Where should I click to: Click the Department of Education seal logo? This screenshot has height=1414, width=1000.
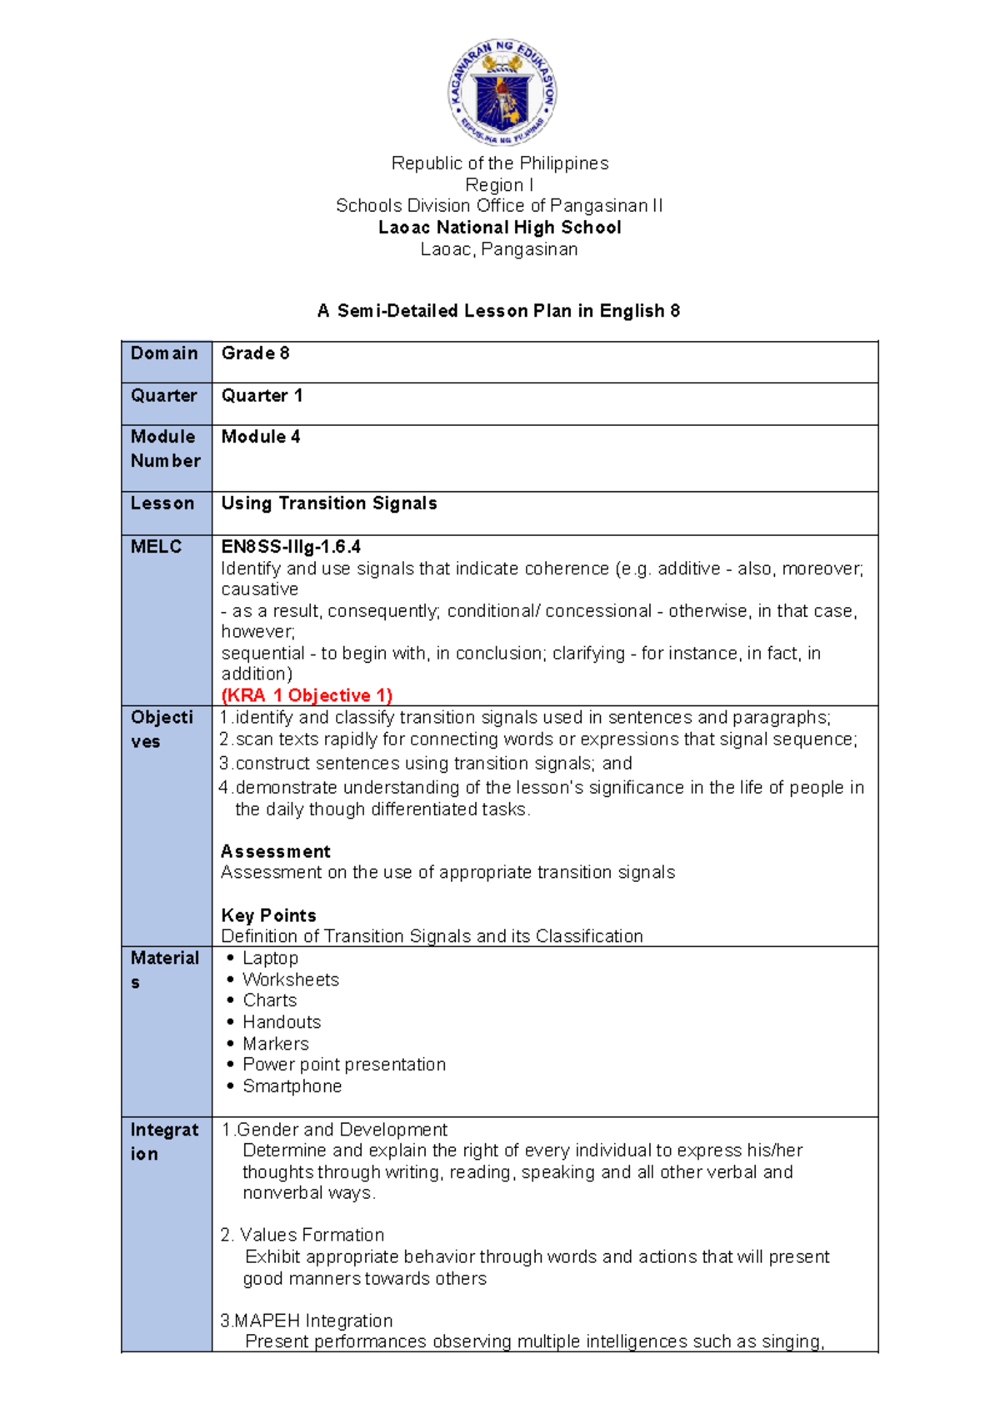tap(502, 93)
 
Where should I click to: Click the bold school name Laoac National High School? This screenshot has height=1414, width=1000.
tap(499, 228)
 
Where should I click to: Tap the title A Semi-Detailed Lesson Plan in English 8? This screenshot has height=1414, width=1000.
tap(498, 311)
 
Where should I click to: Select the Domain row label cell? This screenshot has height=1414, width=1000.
tap(165, 354)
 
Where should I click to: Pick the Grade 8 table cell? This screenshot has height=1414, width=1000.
tap(255, 353)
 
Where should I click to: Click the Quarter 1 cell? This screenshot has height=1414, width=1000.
tap(262, 396)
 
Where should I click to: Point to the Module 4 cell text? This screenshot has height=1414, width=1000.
tap(260, 437)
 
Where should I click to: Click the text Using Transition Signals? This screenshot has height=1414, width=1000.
tap(328, 504)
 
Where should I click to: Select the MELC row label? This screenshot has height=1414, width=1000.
tap(157, 547)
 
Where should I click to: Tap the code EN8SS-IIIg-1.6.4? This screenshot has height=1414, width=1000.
tap(290, 547)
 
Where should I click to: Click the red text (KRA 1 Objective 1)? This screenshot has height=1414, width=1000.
tap(306, 695)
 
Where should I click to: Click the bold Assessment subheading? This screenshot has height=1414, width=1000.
tap(275, 851)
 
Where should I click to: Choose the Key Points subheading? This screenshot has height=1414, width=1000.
tap(268, 915)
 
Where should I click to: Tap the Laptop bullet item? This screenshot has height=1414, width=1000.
tap(269, 959)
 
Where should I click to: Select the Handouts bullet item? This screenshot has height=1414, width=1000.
tap(281, 1022)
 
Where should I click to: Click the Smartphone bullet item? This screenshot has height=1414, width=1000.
tap(292, 1086)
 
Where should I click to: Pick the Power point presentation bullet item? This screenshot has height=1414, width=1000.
tap(343, 1065)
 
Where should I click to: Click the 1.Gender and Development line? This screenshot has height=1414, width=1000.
tap(333, 1130)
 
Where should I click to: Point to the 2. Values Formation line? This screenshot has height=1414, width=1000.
tap(302, 1235)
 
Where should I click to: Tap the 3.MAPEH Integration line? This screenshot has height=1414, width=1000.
tap(306, 1321)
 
